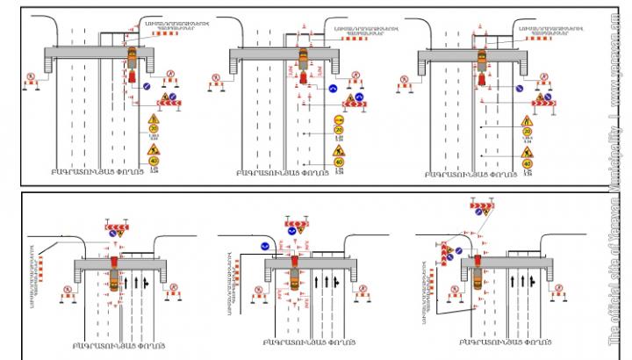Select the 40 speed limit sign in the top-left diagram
tap(154, 161)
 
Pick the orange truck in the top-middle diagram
tap(303, 59)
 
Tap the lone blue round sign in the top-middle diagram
tap(334, 89)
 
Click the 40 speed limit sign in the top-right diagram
tap(528, 162)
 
